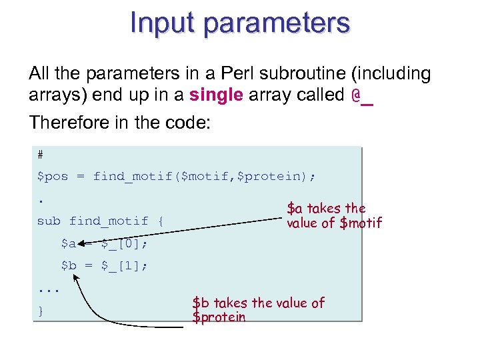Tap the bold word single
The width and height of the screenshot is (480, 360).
pyautogui.click(x=216, y=95)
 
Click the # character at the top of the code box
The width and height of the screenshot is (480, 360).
pyautogui.click(x=41, y=155)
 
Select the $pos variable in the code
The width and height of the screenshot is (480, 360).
pyautogui.click(x=53, y=177)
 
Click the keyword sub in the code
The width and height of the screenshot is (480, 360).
pyautogui.click(x=49, y=221)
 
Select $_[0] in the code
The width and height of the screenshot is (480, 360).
pyautogui.click(x=125, y=243)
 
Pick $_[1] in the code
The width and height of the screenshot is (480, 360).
pyautogui.click(x=125, y=265)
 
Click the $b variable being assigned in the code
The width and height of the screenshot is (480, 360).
pyautogui.click(x=69, y=265)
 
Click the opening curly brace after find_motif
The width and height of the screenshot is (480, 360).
pyautogui.click(x=160, y=221)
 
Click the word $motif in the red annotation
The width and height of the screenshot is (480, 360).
pyautogui.click(x=361, y=223)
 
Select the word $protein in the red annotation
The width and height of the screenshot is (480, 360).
pyautogui.click(x=219, y=317)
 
